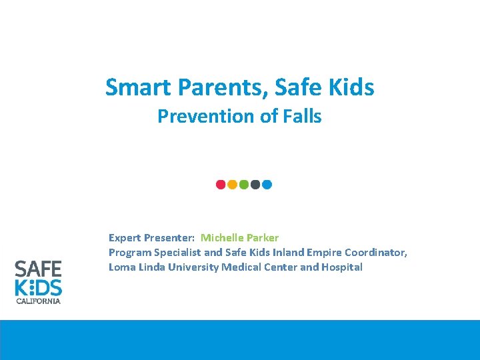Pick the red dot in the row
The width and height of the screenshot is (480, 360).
(221, 184)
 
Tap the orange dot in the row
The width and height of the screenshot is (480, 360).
(232, 184)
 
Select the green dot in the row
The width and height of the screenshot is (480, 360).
(243, 184)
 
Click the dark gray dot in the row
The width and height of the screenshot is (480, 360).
(255, 184)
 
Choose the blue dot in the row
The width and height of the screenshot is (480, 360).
(267, 184)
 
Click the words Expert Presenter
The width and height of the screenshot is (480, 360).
(151, 238)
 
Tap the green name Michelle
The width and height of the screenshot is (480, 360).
(222, 238)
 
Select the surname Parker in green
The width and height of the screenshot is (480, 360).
(262, 238)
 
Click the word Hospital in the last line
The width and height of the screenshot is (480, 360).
(341, 267)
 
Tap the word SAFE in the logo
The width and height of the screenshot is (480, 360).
(38, 269)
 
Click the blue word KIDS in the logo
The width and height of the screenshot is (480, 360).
(38, 287)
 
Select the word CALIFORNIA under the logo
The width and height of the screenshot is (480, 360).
(38, 301)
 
